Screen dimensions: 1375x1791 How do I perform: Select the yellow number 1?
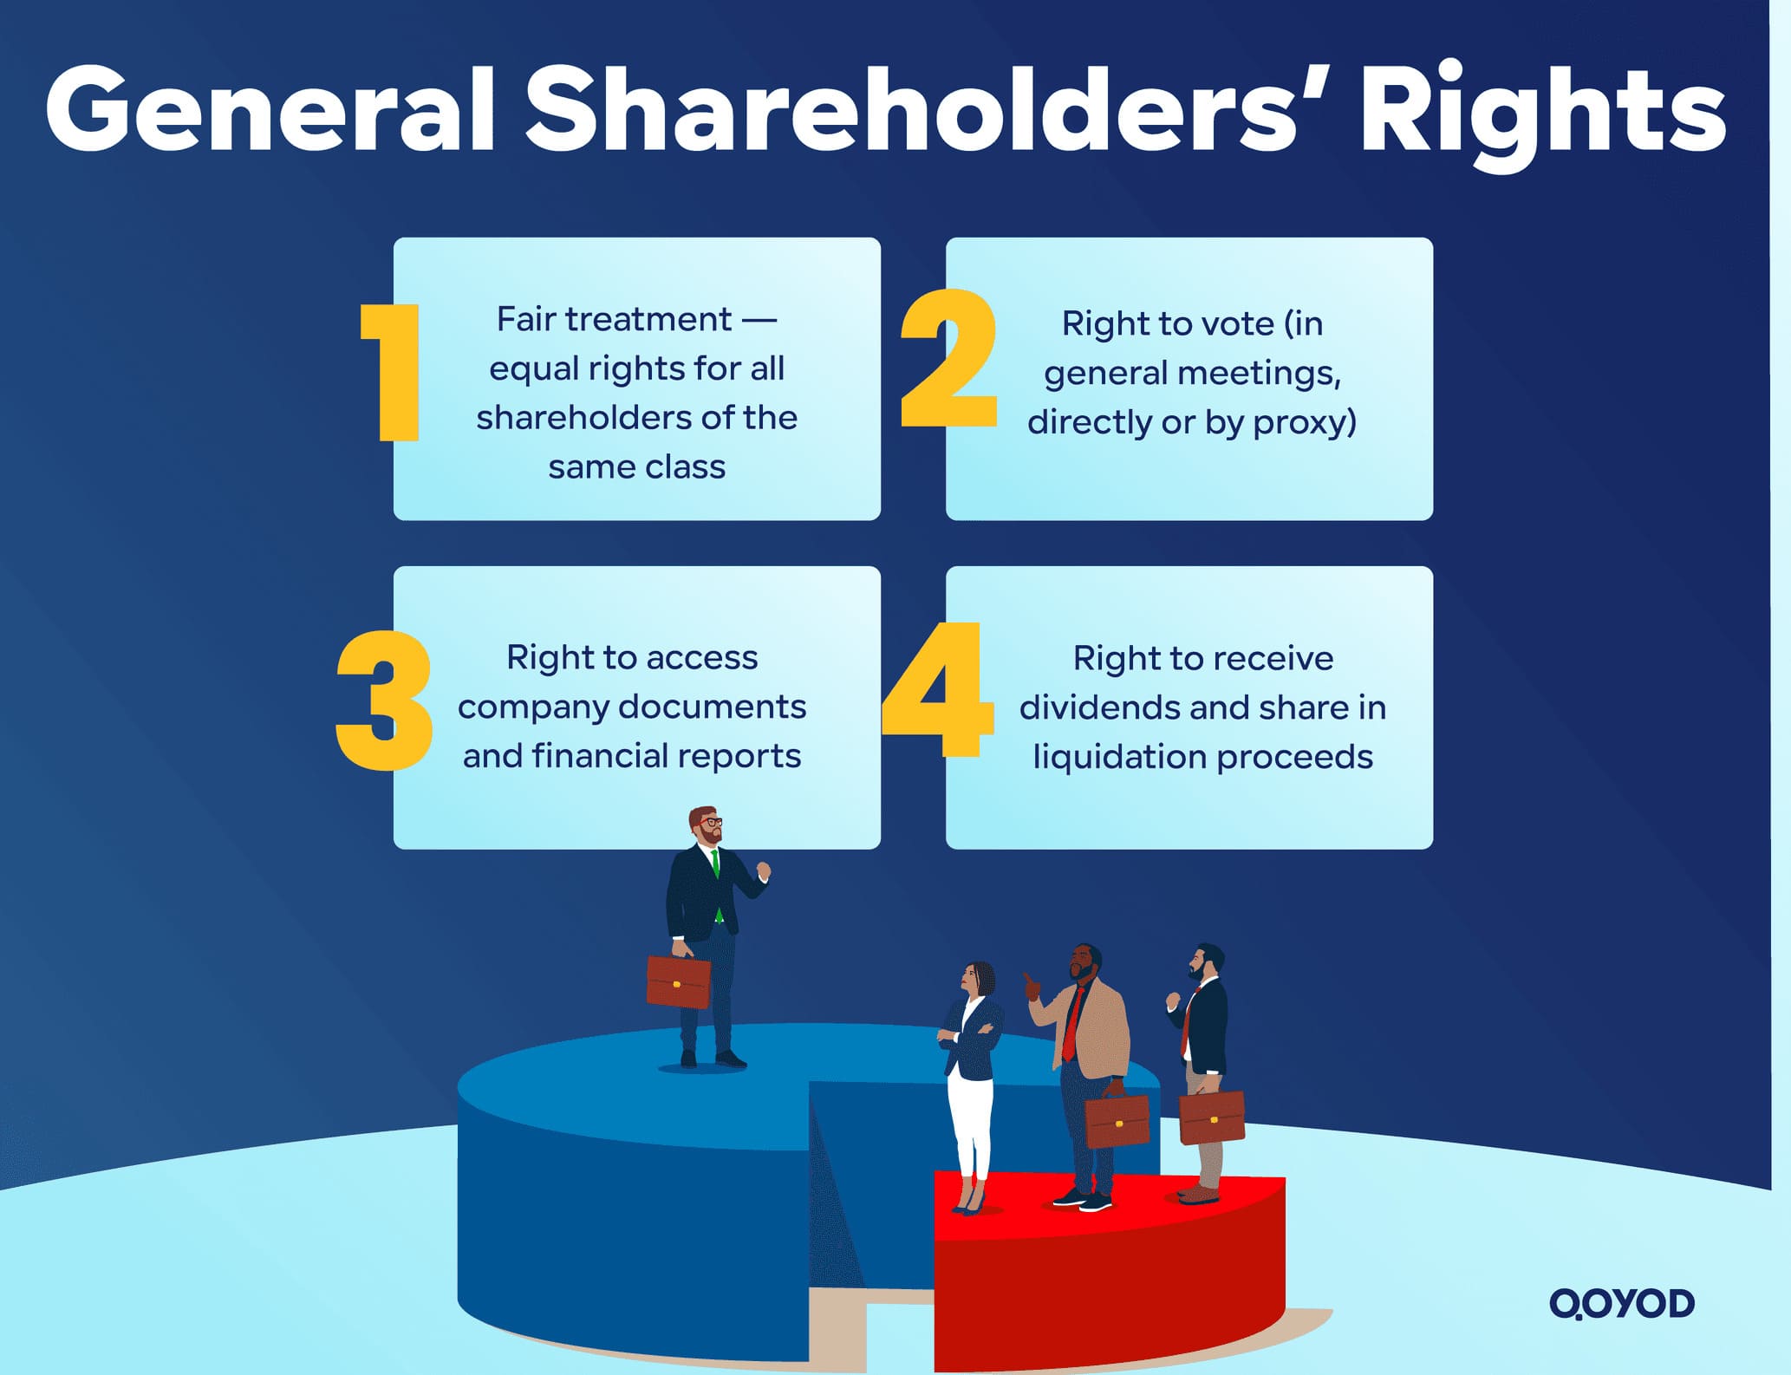click(x=392, y=373)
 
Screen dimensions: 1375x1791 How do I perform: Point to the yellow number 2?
click(x=948, y=359)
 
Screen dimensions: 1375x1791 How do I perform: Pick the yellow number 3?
click(x=384, y=701)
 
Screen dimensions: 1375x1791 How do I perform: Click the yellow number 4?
click(x=938, y=689)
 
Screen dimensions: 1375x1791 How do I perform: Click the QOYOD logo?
click(x=1621, y=1303)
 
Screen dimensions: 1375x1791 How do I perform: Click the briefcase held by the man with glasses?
click(x=678, y=981)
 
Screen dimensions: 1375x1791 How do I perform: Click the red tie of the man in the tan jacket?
click(x=1073, y=1023)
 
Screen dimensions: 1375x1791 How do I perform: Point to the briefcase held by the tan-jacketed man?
click(x=1117, y=1120)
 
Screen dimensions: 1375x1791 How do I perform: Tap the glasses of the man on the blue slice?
click(x=711, y=822)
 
